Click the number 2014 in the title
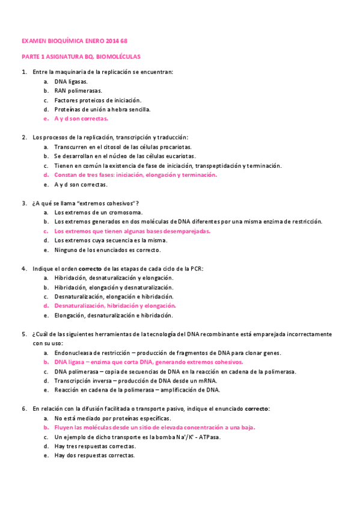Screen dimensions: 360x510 (x=112, y=41)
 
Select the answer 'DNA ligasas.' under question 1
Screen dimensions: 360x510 (x=71, y=81)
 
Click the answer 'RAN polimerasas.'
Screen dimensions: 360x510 (x=78, y=90)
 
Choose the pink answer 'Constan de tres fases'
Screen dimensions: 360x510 (x=135, y=175)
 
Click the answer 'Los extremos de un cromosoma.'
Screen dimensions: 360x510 (x=98, y=212)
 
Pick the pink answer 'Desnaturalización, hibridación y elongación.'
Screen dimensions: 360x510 (x=115, y=306)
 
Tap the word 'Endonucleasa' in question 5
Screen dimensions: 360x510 (x=74, y=352)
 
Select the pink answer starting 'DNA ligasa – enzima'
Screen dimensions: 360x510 (x=148, y=362)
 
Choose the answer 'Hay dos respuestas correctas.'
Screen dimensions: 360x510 (x=94, y=455)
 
